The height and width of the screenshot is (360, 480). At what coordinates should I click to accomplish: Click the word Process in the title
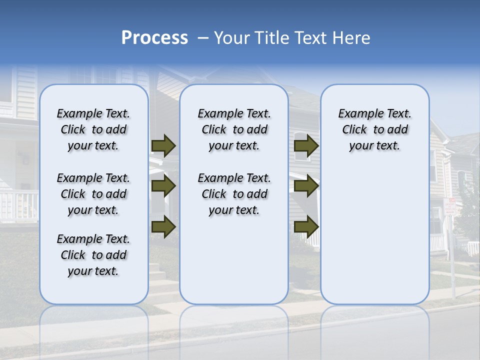(154, 37)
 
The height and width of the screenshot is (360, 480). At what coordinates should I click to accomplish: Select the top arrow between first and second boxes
(163, 145)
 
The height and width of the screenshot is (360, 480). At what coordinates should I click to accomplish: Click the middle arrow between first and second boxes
(163, 186)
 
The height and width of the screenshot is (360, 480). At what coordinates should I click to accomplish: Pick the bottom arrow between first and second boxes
(163, 226)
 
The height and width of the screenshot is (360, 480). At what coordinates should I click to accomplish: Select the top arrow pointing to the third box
(306, 145)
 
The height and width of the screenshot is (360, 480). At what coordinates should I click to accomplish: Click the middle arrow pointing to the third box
(306, 186)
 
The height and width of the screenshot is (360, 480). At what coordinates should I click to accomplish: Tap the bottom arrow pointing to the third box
(306, 226)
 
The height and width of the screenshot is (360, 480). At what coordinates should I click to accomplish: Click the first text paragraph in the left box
(93, 129)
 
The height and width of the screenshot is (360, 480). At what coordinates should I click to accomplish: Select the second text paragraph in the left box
(93, 194)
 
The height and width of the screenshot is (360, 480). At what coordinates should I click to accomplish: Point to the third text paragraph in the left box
(93, 255)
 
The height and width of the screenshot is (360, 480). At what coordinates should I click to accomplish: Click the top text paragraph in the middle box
(234, 129)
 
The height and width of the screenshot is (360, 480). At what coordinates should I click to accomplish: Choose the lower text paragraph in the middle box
(234, 194)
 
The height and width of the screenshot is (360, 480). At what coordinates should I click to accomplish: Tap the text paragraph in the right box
(374, 129)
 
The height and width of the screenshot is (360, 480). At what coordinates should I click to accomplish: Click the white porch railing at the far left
(17, 205)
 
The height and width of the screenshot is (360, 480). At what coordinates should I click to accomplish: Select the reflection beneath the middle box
(234, 325)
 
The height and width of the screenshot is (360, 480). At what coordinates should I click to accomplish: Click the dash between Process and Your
(203, 38)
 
